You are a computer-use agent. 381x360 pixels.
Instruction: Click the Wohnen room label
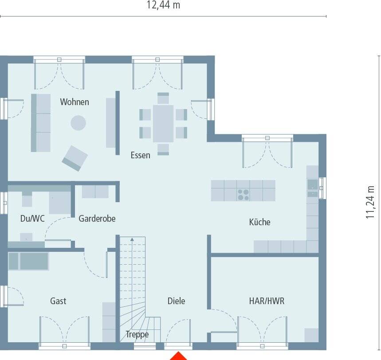75,102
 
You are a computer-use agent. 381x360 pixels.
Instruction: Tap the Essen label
140,155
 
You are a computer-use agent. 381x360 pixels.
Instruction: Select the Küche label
259,222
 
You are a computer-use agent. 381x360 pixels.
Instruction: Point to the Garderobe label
97,219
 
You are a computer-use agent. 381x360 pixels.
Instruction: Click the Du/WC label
32,219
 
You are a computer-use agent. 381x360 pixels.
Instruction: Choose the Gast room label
58,301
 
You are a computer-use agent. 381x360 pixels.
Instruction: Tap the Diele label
176,301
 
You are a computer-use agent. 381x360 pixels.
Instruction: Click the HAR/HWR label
267,301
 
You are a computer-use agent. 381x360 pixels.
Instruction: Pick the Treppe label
137,335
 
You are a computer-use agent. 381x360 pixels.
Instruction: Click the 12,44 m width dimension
163,5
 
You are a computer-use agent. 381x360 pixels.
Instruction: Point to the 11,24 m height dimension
370,202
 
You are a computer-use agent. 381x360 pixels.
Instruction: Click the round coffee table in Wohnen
78,123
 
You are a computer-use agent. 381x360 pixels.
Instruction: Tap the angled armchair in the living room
75,158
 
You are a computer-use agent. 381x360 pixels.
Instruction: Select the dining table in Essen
163,123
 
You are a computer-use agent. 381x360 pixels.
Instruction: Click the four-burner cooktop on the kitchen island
243,194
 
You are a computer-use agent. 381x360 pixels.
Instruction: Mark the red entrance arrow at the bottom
178,356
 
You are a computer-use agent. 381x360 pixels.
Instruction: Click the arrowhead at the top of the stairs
132,239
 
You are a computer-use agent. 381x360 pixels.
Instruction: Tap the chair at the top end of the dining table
163,98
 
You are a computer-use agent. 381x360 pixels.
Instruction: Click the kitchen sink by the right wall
313,184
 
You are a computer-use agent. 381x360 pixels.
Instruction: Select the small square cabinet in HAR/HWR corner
311,335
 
